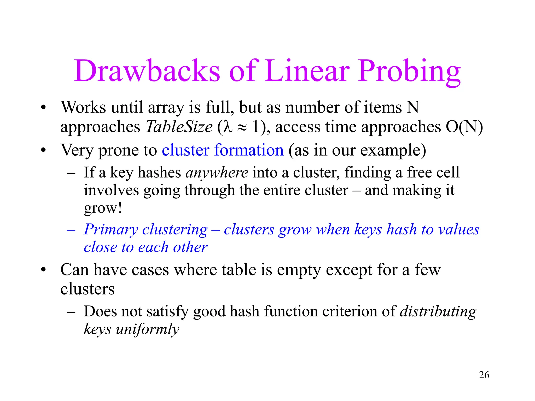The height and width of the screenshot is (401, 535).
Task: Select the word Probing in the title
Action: click(x=409, y=71)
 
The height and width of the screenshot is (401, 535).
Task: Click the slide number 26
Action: click(x=484, y=375)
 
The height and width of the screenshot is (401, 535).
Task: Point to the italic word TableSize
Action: click(x=179, y=127)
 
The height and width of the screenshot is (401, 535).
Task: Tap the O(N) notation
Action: click(x=464, y=127)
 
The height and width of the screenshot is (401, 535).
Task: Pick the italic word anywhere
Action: click(x=217, y=173)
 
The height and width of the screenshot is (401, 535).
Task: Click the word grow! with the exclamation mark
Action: click(x=103, y=208)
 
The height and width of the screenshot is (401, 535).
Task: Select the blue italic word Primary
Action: click(x=111, y=230)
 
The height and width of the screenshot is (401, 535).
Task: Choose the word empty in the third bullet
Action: click(x=299, y=270)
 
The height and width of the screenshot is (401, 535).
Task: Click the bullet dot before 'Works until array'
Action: click(x=43, y=108)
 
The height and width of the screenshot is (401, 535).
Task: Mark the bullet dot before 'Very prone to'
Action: click(x=43, y=150)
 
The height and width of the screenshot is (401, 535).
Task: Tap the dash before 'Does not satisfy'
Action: click(x=71, y=312)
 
